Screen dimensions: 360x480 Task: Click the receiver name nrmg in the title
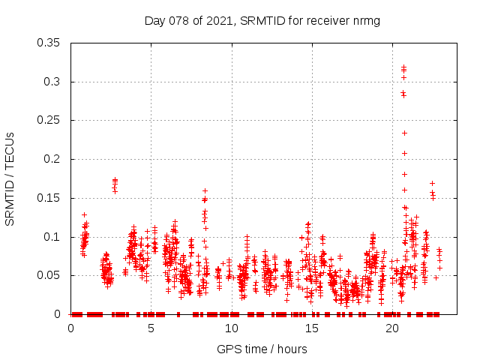(365, 20)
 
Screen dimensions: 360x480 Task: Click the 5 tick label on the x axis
(151, 328)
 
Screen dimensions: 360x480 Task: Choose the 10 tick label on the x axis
(231, 328)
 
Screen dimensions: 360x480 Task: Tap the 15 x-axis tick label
(311, 328)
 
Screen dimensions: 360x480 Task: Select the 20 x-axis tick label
(391, 328)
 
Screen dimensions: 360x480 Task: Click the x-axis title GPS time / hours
(262, 349)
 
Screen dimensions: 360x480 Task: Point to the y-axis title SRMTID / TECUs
(10, 178)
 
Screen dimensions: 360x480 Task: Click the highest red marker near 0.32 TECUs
(403, 67)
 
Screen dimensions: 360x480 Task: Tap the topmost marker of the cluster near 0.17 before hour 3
(115, 180)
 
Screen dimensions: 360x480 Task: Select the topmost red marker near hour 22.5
(432, 183)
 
